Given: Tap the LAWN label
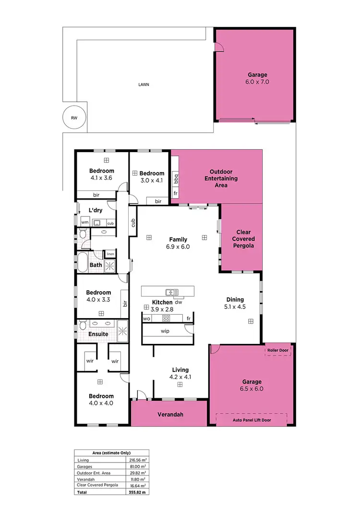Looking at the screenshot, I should coord(144,84).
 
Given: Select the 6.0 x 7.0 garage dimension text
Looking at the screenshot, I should coord(258,82).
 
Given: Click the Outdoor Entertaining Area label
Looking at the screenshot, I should coord(221,178).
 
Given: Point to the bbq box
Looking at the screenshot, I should coord(176,179).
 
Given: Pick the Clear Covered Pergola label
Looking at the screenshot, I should coord(243,239).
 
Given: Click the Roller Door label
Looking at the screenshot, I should coord(278,351).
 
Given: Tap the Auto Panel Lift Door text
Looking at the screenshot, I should coord(252,420).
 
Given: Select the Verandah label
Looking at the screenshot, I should coord(171,415).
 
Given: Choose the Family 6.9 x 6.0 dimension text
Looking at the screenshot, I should coord(178,247).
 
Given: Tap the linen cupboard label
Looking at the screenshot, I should coord(110,254).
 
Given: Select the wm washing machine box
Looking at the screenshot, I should coord(85,223).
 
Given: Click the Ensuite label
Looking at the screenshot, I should coord(98,334).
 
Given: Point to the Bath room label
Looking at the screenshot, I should coord(96,265).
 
